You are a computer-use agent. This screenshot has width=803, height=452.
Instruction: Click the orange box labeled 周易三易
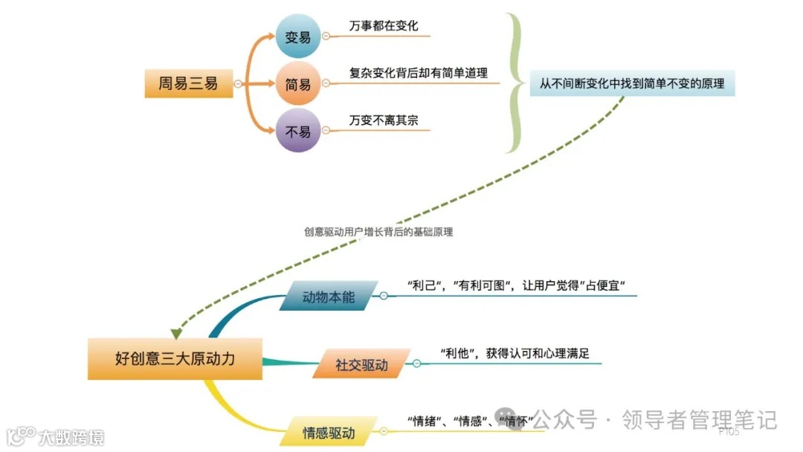(188, 84)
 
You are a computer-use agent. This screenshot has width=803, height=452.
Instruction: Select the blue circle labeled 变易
(298, 36)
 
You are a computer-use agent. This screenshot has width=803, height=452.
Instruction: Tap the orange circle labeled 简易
(298, 85)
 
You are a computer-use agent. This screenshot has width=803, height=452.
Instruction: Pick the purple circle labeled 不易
(298, 132)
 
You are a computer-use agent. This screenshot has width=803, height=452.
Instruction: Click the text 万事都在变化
(384, 26)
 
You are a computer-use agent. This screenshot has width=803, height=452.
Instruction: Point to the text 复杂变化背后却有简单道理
(419, 73)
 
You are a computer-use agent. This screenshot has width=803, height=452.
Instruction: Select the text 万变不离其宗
(384, 120)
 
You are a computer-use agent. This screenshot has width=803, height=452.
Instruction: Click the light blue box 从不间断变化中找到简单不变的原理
(632, 84)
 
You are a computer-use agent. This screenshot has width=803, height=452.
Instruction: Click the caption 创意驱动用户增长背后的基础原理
(378, 232)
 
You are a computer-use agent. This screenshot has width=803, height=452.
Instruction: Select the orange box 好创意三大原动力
(175, 358)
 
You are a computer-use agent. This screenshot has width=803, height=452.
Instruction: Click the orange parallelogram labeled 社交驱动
(361, 365)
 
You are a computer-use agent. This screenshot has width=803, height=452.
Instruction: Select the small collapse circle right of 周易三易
(237, 84)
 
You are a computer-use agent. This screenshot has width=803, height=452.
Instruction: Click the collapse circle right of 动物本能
(384, 296)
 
